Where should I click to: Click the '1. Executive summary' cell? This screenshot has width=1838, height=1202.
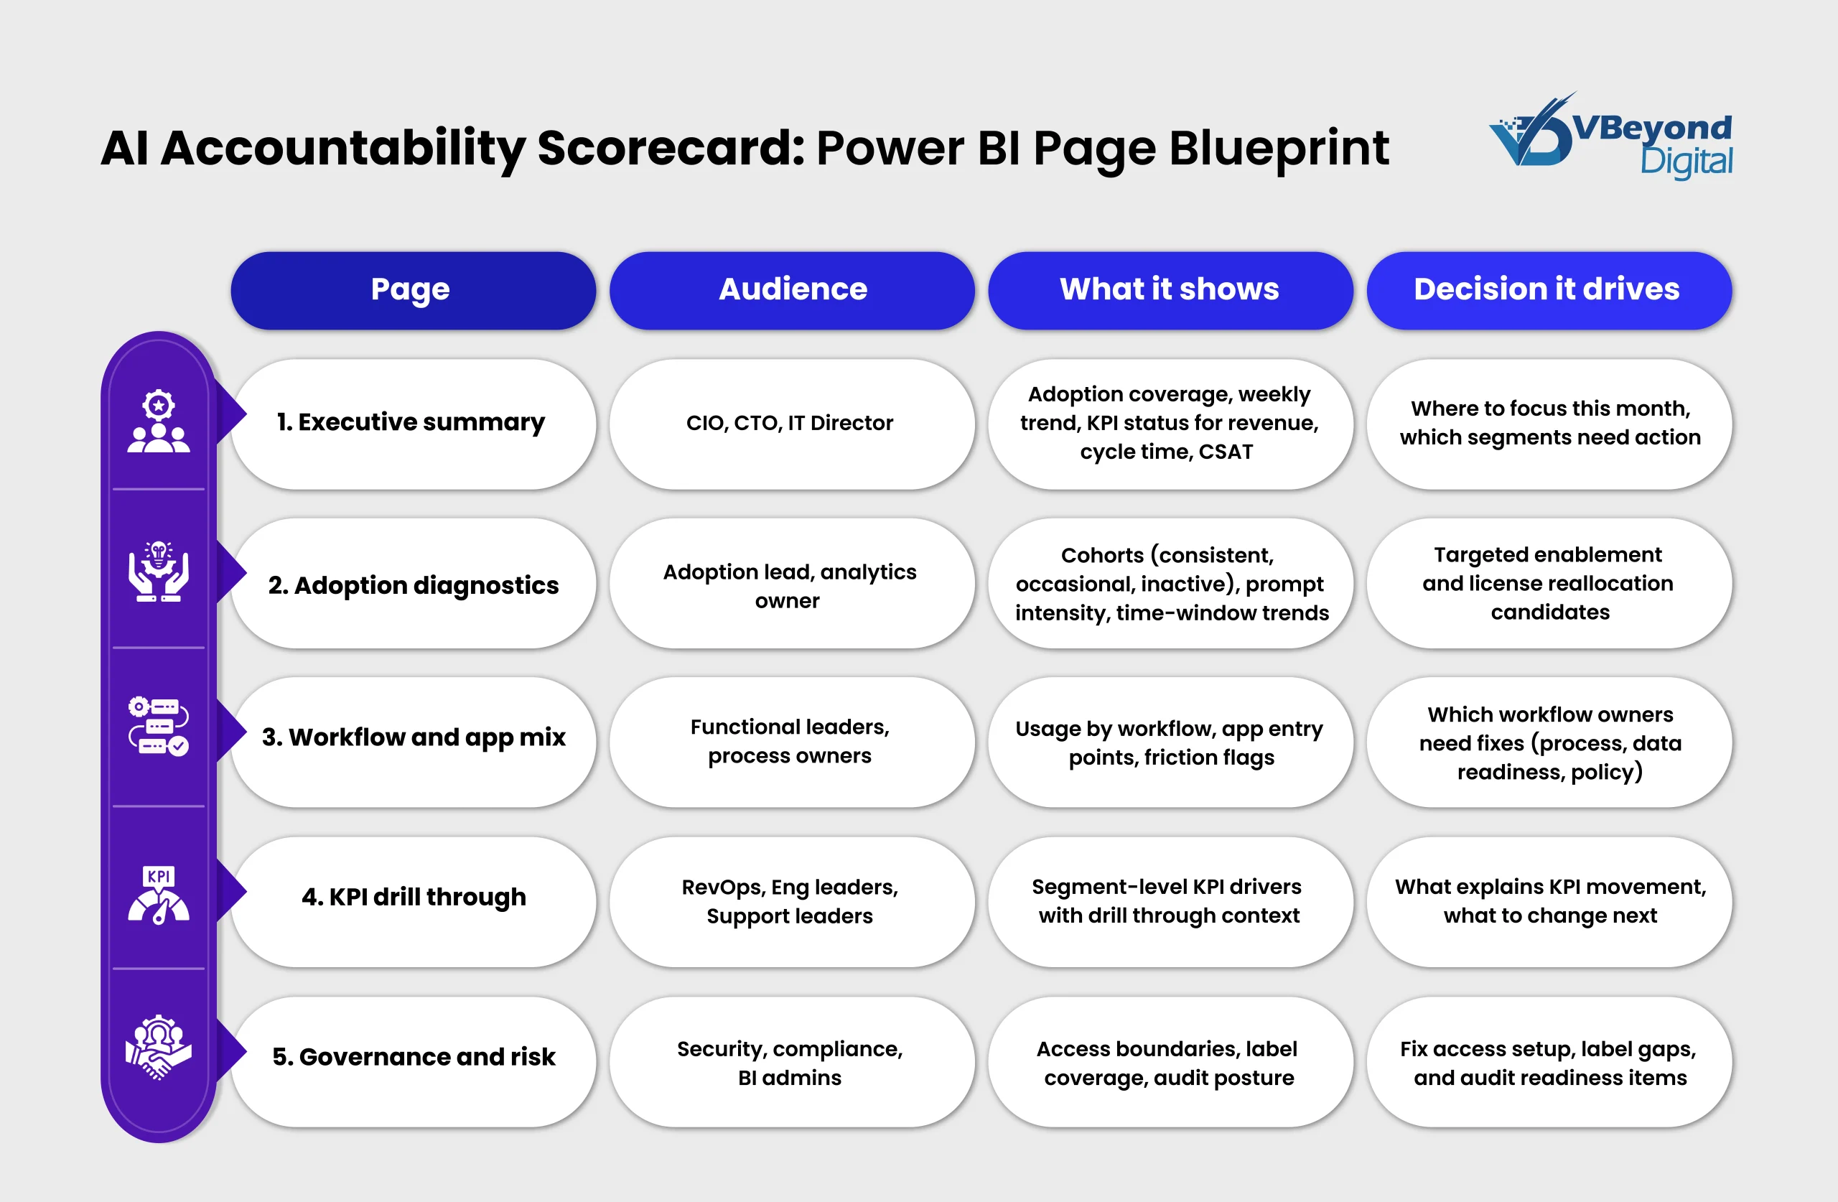coord(413,424)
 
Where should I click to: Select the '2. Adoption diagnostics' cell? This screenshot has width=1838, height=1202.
coord(413,583)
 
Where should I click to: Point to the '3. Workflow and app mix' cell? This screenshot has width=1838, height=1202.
coord(413,742)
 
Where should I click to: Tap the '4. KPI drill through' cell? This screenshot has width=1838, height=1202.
coord(413,902)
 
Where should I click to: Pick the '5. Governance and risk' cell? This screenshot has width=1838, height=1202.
coord(413,1061)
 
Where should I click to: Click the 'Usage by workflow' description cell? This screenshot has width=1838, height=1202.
coord(1170,742)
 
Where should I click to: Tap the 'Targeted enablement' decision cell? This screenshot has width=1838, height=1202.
coord(1549,583)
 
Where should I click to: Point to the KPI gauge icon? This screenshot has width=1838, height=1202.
coord(159,895)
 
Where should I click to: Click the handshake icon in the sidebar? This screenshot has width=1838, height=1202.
coord(159,1047)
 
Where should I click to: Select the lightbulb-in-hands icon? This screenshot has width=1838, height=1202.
coord(159,571)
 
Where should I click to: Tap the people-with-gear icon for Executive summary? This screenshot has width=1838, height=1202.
coord(159,421)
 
